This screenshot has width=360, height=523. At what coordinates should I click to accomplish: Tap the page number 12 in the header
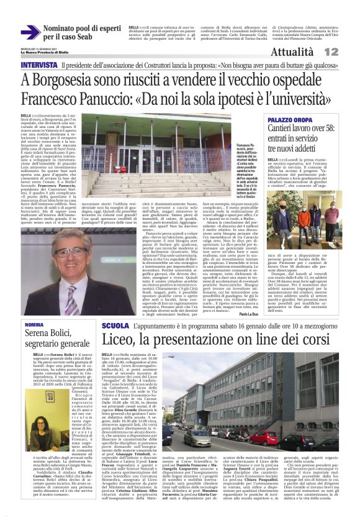pyautogui.click(x=348, y=52)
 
